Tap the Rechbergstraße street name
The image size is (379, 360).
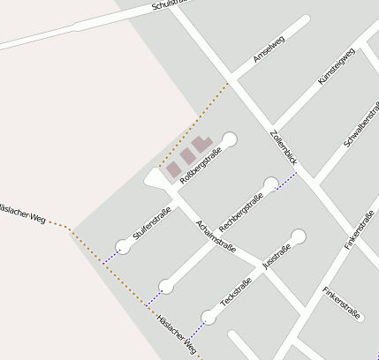pos(241,213)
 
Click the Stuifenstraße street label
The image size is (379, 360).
pos(151,224)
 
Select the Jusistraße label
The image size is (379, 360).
pos(277,255)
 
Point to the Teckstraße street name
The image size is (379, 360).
pos(236,292)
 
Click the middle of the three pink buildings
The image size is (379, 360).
pos(188,156)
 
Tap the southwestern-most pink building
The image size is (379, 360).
pos(174,169)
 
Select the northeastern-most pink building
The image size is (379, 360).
pos(202,143)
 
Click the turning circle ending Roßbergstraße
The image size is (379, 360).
pos(230,139)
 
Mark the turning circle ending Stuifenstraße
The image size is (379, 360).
pos(123,247)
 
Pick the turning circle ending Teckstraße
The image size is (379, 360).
pos(208,317)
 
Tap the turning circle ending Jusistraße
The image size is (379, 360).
pos(299,236)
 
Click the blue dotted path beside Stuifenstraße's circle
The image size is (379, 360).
pos(110,257)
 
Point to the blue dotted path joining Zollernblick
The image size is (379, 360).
pos(284,180)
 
